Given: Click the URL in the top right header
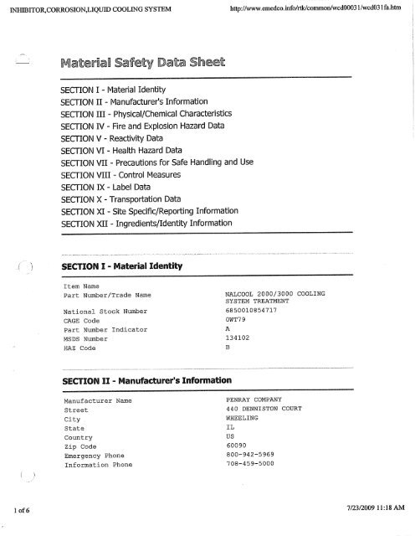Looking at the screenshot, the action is pos(314,10).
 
